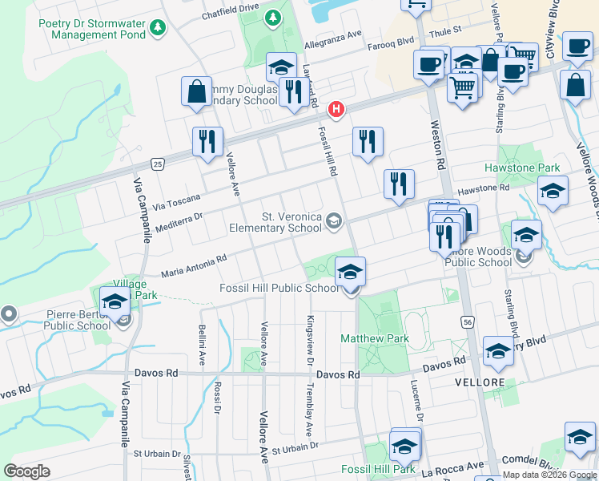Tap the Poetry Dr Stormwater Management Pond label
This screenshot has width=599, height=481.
[92, 29]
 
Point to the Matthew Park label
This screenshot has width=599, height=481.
[375, 339]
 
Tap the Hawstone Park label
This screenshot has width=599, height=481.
[522, 168]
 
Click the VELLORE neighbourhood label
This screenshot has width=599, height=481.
[479, 382]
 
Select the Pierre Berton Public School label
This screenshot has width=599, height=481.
[77, 321]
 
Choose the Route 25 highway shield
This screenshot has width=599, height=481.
[159, 164]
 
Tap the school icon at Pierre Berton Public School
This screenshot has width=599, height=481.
[115, 303]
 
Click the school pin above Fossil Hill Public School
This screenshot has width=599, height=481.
[350, 272]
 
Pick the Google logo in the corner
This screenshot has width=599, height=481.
[27, 471]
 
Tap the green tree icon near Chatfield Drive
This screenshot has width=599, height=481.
[273, 17]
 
